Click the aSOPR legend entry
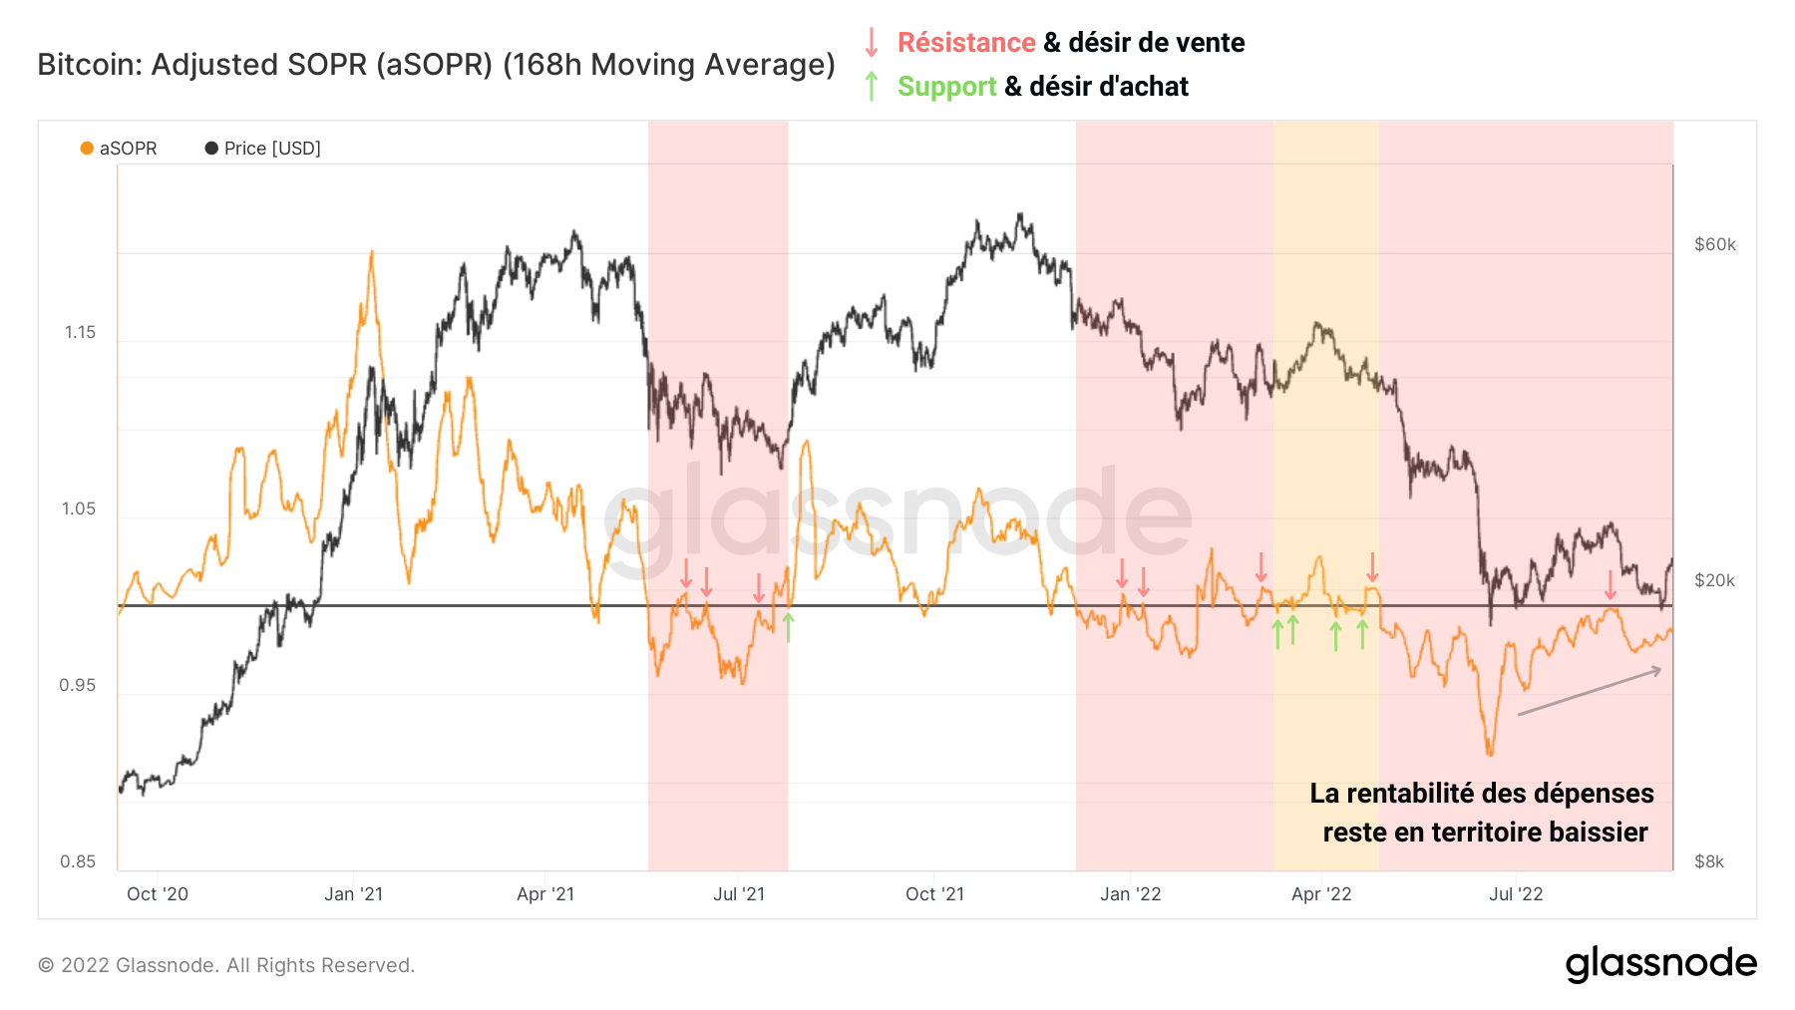point(119,149)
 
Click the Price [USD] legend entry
point(263,149)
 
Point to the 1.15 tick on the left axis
point(80,332)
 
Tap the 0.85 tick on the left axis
point(78,861)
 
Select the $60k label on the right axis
point(1714,244)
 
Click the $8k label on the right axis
point(1708,861)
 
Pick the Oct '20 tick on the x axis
point(158,894)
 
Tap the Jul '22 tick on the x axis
point(1516,894)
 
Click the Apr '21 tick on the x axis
point(545,894)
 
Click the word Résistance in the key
point(965,43)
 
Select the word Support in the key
point(946,87)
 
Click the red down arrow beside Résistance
point(872,43)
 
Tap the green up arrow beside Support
point(872,87)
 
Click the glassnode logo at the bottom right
point(1660,964)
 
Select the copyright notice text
point(226,965)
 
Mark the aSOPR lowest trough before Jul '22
point(1490,753)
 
